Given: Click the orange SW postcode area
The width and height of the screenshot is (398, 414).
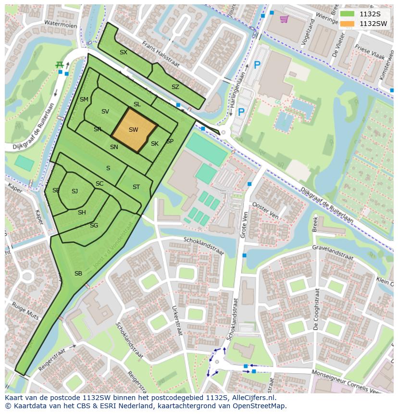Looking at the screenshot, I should [x=134, y=130].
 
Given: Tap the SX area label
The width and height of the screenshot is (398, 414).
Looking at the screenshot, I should [x=124, y=52].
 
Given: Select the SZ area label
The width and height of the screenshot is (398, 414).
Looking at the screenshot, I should [x=175, y=87].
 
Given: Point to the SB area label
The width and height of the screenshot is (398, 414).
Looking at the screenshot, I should [x=78, y=274].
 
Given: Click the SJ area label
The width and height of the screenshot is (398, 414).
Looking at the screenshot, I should [x=75, y=191].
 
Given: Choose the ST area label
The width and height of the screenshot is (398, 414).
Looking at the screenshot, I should [x=136, y=187].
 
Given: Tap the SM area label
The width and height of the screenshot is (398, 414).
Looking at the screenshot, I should [x=84, y=100].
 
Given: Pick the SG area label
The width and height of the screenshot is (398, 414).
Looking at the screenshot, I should [x=94, y=226].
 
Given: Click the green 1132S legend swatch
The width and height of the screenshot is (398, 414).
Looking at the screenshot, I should [x=347, y=14].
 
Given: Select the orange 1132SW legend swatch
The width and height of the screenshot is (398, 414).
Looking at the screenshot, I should [x=347, y=24].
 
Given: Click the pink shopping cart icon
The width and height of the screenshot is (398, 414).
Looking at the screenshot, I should [x=284, y=19].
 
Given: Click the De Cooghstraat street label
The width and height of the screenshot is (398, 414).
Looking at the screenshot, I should [x=316, y=312].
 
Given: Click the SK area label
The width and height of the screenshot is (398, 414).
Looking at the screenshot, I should [x=154, y=144].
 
